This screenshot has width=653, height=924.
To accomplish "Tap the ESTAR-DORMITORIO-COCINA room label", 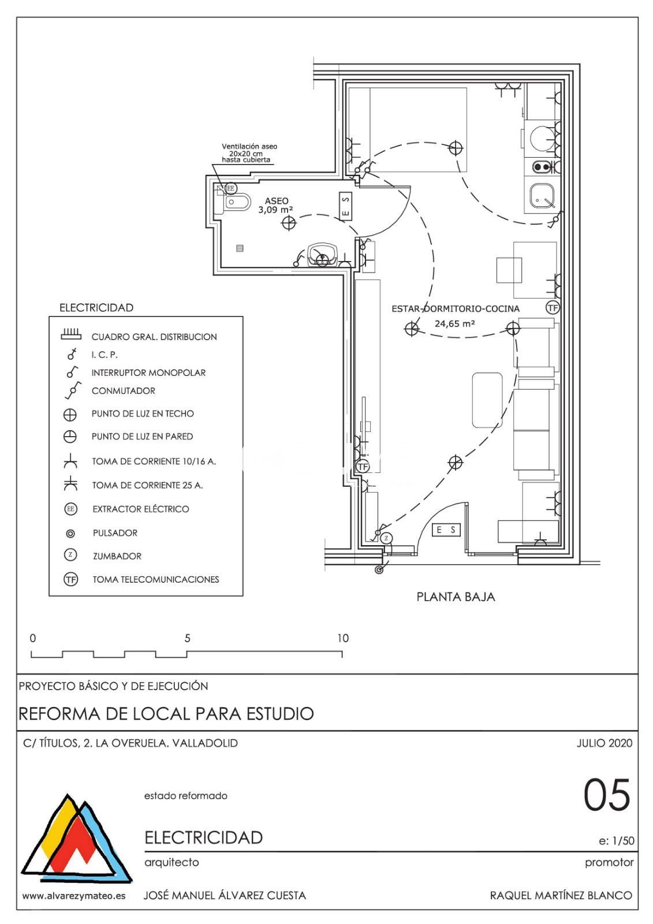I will tap(456, 309).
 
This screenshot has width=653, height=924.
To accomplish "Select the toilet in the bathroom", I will tap(236, 202).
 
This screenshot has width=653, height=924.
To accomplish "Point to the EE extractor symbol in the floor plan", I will tap(231, 188).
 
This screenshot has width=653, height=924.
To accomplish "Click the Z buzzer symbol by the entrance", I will tap(387, 538).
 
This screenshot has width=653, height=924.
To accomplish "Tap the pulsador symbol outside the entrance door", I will tap(379, 570).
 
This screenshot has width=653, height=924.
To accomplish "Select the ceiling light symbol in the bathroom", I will tap(289, 223).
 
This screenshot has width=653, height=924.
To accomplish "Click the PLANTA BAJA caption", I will tap(456, 597).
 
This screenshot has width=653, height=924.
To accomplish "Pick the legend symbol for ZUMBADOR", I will tap(70, 555).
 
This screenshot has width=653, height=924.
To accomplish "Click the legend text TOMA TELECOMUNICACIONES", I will tap(156, 579).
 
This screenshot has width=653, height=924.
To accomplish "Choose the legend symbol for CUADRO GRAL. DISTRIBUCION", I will tap(70, 335).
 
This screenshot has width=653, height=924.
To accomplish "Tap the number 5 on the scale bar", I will tap(187, 638).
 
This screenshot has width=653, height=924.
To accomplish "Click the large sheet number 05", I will tap(606, 795).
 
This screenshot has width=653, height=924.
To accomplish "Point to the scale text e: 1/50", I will tap(617, 841).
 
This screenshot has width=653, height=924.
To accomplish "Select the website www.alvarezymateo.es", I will tap(73, 896).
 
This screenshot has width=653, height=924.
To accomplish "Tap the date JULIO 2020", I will tap(604, 743).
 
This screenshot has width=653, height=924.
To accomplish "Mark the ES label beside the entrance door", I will tap(446, 529).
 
